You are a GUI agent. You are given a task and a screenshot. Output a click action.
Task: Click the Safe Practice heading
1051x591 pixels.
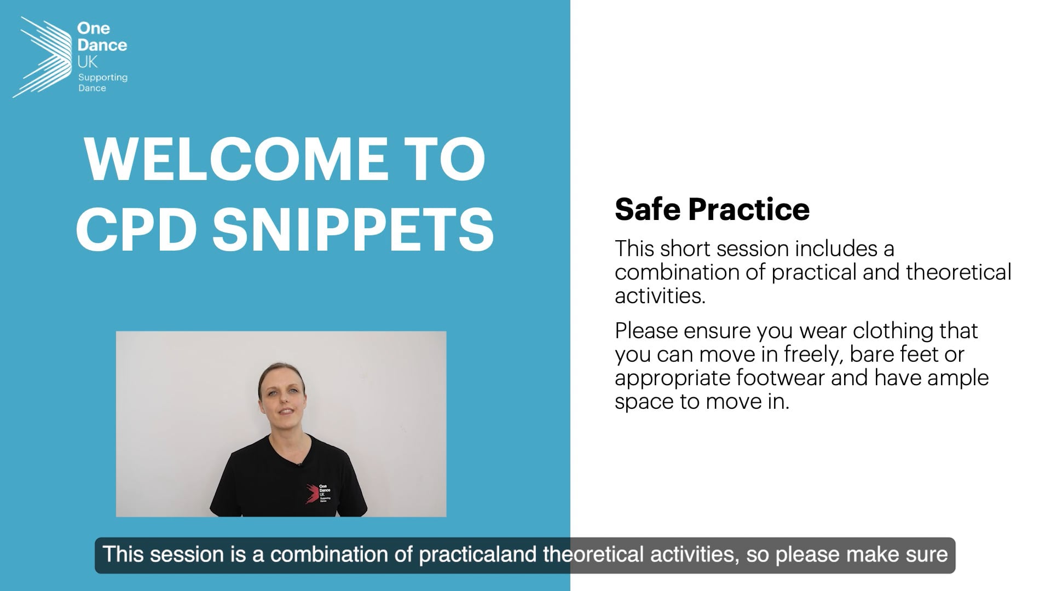(x=712, y=209)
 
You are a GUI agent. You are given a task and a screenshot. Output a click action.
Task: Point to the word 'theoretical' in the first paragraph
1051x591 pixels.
(x=958, y=272)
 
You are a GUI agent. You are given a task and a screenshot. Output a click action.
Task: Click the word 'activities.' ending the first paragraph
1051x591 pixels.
(x=660, y=296)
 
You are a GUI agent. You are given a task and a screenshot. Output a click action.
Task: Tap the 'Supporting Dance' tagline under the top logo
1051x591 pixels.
(x=103, y=83)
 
